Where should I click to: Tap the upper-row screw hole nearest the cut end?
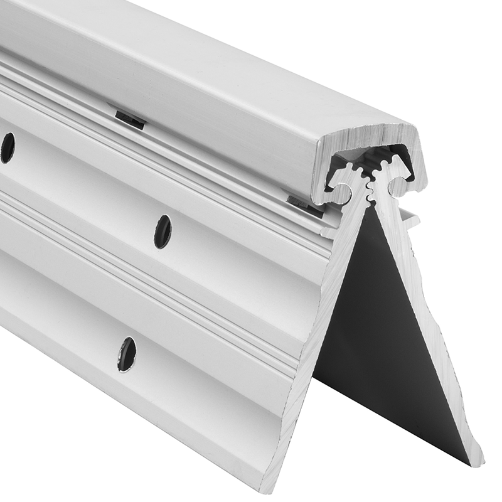(x=162, y=231)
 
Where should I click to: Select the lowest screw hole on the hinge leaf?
(x=127, y=353)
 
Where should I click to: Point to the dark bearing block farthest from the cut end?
(x=130, y=119)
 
